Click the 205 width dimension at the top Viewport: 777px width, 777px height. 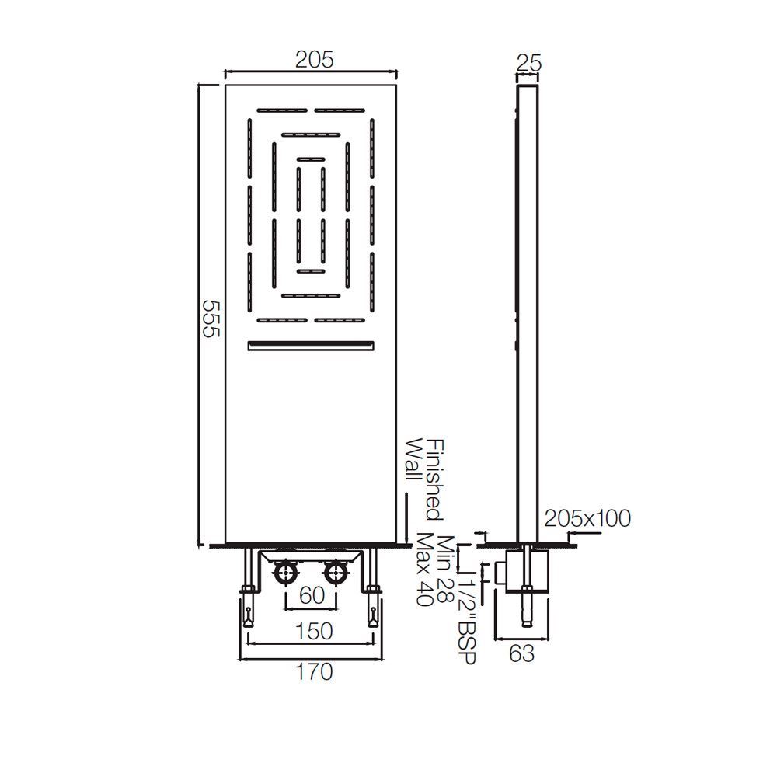(314, 60)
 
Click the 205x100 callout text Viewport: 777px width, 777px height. (587, 517)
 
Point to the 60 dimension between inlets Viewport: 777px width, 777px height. (311, 596)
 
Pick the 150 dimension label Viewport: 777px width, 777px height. (314, 631)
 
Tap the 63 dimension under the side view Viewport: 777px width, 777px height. (522, 654)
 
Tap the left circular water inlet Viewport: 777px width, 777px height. (285, 574)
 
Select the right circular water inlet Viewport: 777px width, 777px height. (336, 574)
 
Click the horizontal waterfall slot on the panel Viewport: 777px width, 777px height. (311, 347)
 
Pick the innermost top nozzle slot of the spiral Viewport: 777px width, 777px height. (311, 159)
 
